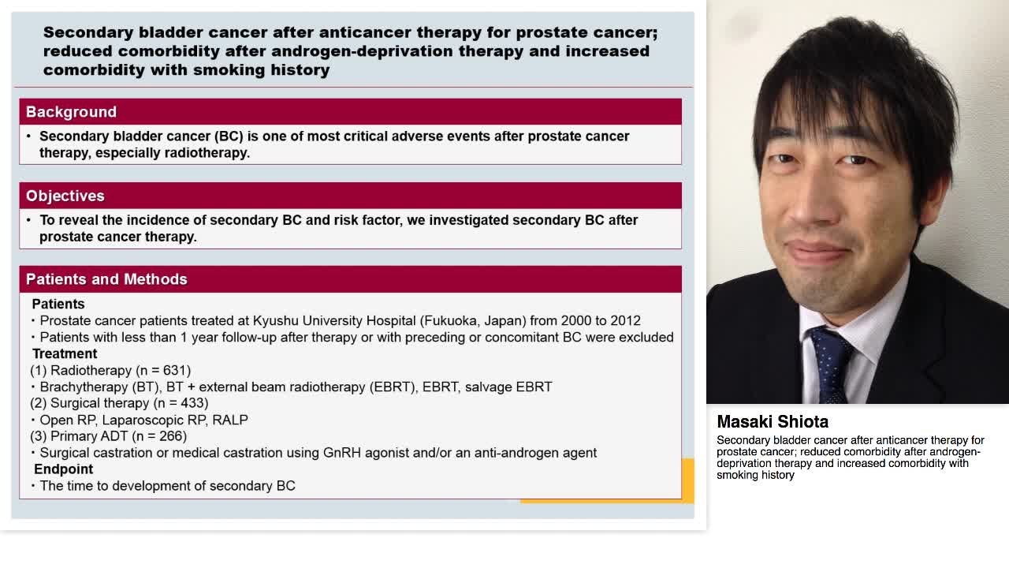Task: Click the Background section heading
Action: click(71, 112)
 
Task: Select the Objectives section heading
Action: click(65, 196)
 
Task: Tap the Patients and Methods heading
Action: click(106, 279)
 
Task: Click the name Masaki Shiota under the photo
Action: click(773, 422)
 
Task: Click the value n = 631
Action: click(163, 370)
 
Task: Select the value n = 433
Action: click(181, 403)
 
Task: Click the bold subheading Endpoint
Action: click(63, 469)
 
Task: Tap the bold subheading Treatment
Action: click(65, 353)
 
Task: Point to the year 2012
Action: click(624, 320)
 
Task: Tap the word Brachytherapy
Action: click(84, 387)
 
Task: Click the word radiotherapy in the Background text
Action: click(209, 152)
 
